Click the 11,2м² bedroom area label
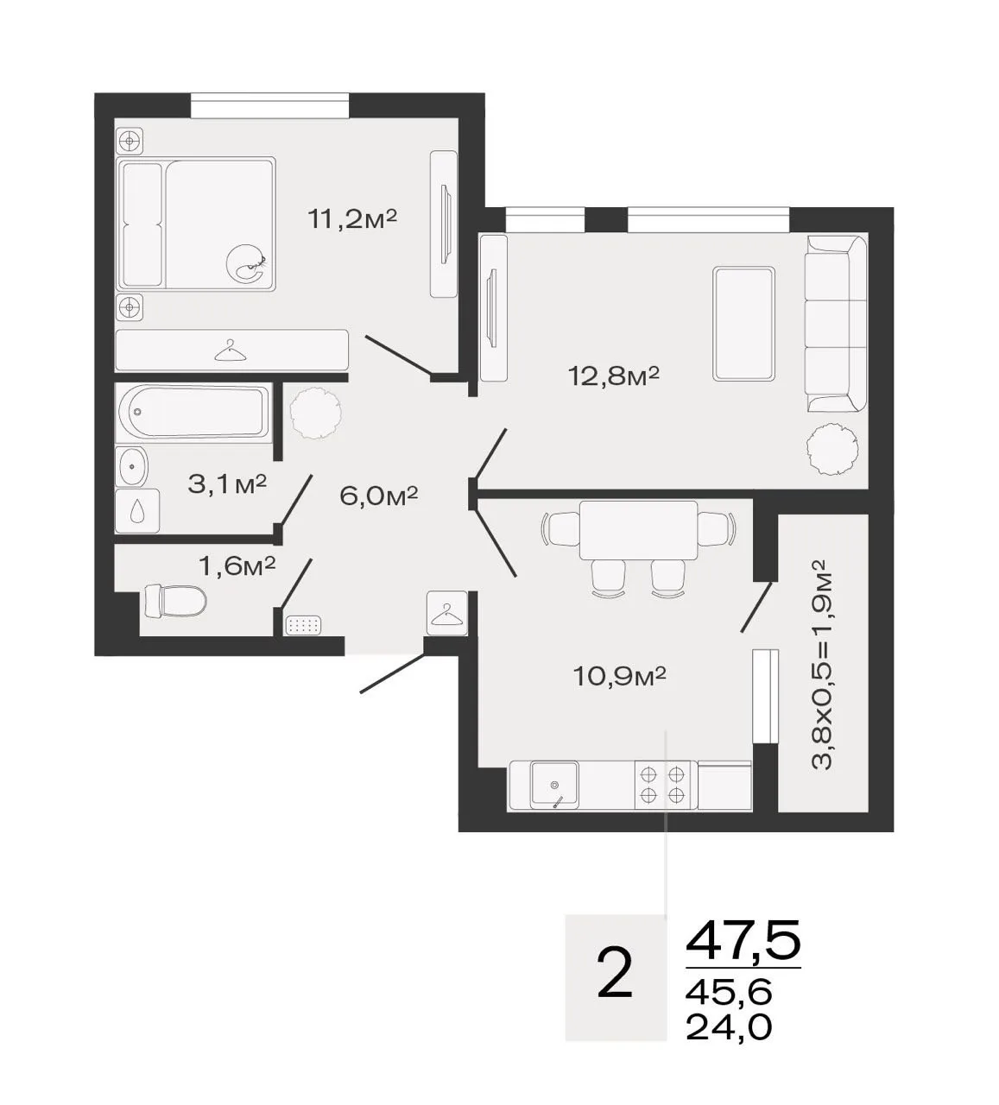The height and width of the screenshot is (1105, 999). [x=352, y=220]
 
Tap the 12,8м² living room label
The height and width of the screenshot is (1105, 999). [x=614, y=376]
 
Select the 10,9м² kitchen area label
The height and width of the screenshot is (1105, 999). [x=620, y=676]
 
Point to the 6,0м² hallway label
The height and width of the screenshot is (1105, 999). [x=378, y=496]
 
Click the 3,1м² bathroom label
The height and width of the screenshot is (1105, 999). [x=227, y=484]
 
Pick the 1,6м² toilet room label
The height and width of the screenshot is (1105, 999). [x=237, y=565]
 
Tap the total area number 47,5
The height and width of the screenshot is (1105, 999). [x=743, y=940]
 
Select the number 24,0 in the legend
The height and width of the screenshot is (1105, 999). [x=729, y=1027]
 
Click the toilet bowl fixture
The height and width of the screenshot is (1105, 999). [x=175, y=602]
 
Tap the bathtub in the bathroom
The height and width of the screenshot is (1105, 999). [x=193, y=413]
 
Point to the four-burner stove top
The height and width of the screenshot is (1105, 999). [x=662, y=785]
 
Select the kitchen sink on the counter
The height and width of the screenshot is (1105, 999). [x=554, y=785]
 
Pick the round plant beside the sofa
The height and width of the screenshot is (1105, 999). [x=832, y=450]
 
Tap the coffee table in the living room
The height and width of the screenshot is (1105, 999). [x=744, y=324]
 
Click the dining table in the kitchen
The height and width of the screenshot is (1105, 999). [x=639, y=529]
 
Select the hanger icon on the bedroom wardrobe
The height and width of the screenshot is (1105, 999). [x=230, y=350]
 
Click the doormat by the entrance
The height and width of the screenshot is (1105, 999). [x=305, y=625]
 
